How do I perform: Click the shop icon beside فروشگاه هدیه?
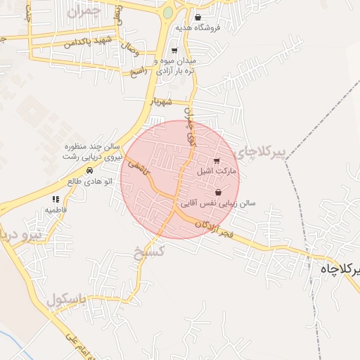pos(198,18)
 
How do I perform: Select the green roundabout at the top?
pos(168,13)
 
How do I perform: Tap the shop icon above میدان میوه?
pos(174,51)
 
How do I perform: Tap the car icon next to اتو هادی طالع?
pos(89,171)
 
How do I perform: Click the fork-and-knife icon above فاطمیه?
pos(56,200)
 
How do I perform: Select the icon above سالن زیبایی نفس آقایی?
pos(218,192)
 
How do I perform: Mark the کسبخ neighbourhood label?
pos(148,251)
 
